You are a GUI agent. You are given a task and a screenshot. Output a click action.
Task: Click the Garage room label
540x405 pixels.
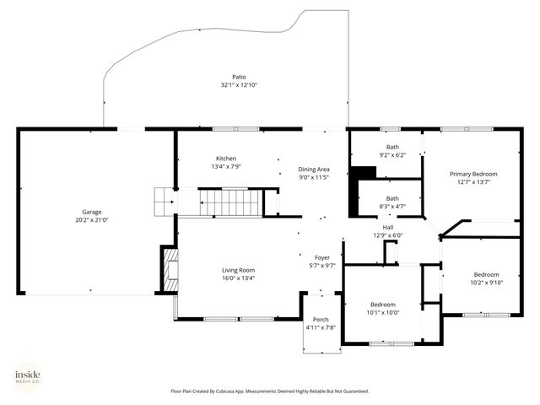(91, 212)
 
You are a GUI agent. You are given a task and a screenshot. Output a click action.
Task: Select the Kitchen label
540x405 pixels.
(225, 159)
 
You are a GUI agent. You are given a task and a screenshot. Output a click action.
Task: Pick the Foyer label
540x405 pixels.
(322, 257)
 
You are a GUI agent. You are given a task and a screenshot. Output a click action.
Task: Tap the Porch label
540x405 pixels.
(321, 319)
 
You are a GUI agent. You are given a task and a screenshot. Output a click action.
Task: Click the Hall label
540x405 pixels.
(387, 227)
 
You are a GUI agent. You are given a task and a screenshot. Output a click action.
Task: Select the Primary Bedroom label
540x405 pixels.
(472, 173)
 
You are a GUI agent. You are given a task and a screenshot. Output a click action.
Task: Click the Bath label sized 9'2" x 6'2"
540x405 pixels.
(392, 148)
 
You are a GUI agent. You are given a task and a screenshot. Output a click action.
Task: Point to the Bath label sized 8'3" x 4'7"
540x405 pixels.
(392, 198)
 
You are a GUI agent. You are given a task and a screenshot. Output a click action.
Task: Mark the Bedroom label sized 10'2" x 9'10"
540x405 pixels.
(485, 274)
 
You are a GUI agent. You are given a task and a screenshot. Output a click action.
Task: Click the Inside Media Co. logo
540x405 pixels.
(28, 376)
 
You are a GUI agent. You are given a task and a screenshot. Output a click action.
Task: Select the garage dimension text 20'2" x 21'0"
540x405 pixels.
(91, 219)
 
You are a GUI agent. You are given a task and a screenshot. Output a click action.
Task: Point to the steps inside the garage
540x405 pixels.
(163, 202)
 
